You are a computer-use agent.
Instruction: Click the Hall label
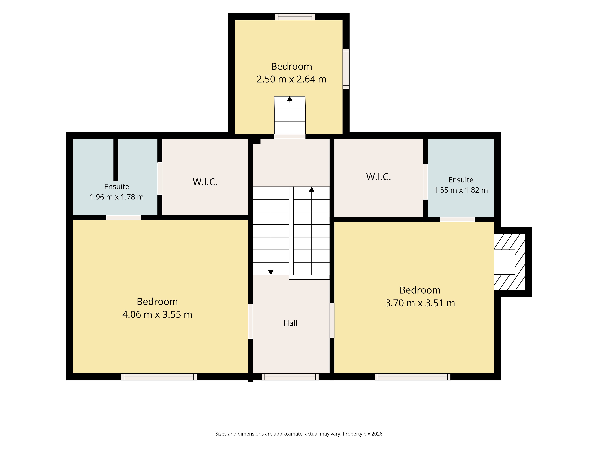(x=290, y=323)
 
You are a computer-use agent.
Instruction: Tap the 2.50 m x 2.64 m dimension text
(x=291, y=79)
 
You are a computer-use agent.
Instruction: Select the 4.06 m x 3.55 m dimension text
(x=157, y=314)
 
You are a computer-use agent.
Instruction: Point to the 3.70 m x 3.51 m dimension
(x=420, y=303)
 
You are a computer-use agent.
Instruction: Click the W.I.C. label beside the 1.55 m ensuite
(x=379, y=177)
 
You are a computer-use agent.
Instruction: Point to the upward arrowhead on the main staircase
(x=311, y=189)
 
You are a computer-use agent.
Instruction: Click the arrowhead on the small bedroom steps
(x=290, y=98)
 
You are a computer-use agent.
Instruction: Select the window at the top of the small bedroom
(x=295, y=17)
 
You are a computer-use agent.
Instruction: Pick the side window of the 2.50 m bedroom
(x=346, y=69)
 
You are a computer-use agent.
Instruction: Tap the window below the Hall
(x=290, y=377)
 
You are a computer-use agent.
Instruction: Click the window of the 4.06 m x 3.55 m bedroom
(x=159, y=377)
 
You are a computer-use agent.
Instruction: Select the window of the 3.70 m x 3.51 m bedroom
(x=412, y=377)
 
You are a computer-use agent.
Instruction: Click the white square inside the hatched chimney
(x=504, y=262)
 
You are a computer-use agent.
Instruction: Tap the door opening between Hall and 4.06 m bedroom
(x=251, y=321)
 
